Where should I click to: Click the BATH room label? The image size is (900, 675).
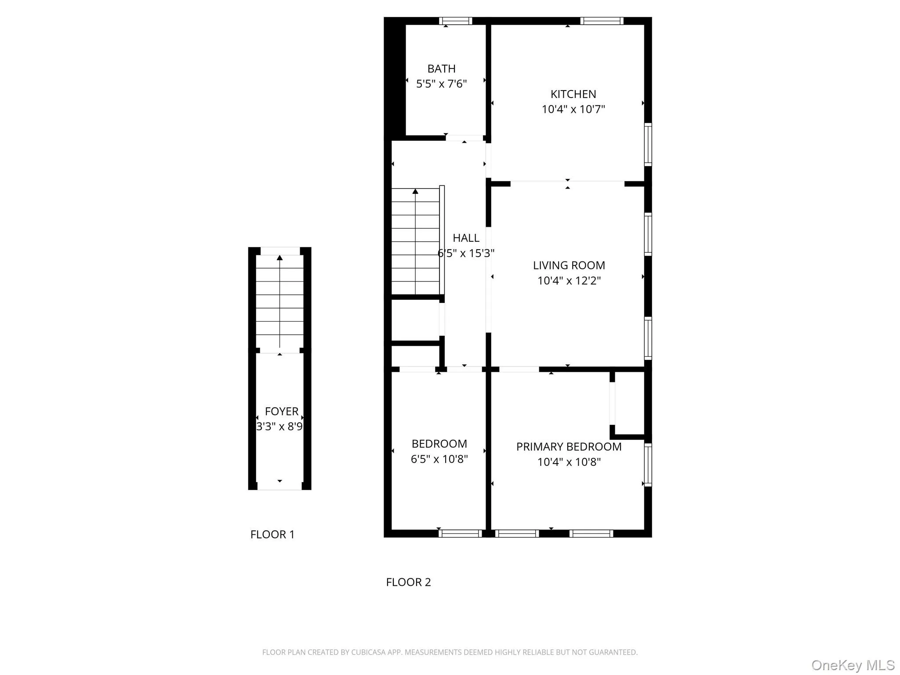pyautogui.click(x=441, y=69)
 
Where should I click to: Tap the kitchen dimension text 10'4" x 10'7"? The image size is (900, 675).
pyautogui.click(x=573, y=109)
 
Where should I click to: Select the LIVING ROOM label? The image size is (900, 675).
pyautogui.click(x=569, y=265)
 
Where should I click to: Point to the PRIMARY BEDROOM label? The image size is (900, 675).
pyautogui.click(x=569, y=447)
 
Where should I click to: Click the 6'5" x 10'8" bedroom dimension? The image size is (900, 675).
pyautogui.click(x=439, y=459)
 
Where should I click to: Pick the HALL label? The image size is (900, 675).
pyautogui.click(x=466, y=238)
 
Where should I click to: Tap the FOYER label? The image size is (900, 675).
pyautogui.click(x=282, y=412)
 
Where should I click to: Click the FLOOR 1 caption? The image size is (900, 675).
pyautogui.click(x=272, y=535)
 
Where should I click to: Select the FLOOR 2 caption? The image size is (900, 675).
pyautogui.click(x=408, y=582)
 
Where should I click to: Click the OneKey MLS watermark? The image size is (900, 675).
pyautogui.click(x=853, y=665)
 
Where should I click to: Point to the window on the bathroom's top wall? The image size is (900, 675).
pyautogui.click(x=455, y=21)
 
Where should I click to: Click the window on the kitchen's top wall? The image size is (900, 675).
pyautogui.click(x=602, y=21)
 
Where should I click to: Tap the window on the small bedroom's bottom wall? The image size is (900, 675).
pyautogui.click(x=460, y=533)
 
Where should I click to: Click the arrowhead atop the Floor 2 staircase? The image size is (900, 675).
pyautogui.click(x=415, y=191)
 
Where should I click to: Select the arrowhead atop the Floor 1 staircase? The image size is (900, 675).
pyautogui.click(x=279, y=258)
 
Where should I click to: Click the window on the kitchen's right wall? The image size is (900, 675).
pyautogui.click(x=648, y=144)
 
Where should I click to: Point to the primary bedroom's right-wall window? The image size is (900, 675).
pyautogui.click(x=648, y=465)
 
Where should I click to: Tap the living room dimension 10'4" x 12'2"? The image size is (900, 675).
pyautogui.click(x=569, y=281)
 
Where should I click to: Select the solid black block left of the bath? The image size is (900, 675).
pyautogui.click(x=395, y=79)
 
